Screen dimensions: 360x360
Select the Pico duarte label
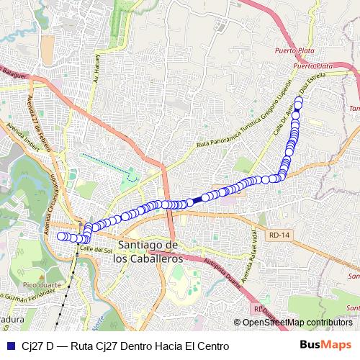click(x=26, y=284)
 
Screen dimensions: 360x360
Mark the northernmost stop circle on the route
click(x=299, y=101)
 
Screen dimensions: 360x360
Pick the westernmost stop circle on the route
click(x=61, y=235)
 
